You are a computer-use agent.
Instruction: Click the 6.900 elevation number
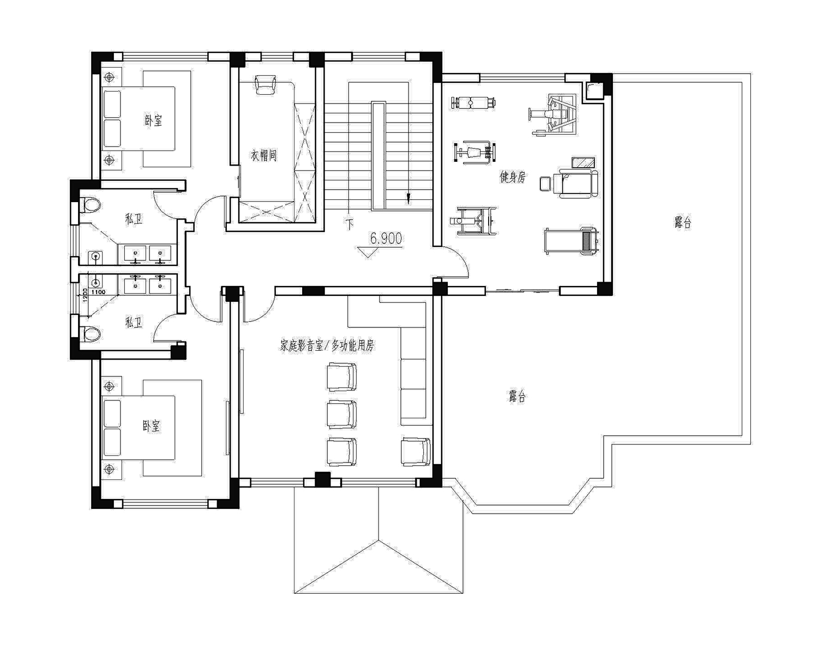point(386,238)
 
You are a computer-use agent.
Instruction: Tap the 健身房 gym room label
point(513,177)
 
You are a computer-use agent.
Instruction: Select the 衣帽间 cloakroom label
point(264,155)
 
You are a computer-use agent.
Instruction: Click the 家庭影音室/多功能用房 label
point(327,346)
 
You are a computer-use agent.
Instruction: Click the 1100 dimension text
point(98,292)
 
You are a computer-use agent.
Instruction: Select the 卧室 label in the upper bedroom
point(154,120)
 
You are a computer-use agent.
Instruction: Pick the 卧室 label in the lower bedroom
point(151,426)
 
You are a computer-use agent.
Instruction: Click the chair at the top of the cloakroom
point(266,84)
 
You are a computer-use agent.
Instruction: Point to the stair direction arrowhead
point(408,199)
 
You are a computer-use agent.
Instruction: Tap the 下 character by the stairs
point(349,224)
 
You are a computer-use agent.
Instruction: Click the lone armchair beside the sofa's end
point(416,452)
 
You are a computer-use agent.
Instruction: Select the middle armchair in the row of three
point(341,415)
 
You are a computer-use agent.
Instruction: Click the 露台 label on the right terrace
point(683,222)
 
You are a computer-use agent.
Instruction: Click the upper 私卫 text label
point(134,219)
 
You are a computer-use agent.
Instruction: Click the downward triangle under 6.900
point(368,252)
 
